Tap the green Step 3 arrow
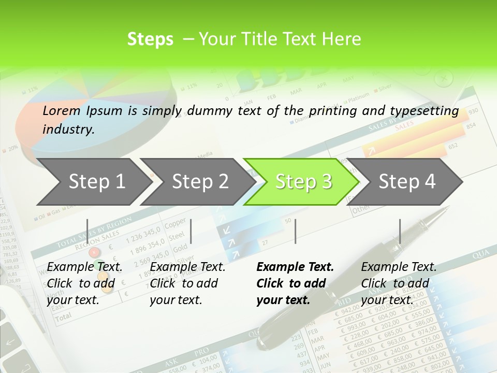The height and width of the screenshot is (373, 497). pyautogui.click(x=302, y=181)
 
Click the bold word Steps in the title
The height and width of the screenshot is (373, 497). pyautogui.click(x=150, y=39)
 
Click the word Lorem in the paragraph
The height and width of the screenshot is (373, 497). pyautogui.click(x=62, y=110)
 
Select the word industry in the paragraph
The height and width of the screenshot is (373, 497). pyautogui.click(x=68, y=129)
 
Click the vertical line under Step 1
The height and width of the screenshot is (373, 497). pyautogui.click(x=87, y=231)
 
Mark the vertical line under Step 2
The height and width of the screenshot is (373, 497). pyautogui.click(x=192, y=231)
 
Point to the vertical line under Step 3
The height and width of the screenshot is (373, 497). pyautogui.click(x=295, y=231)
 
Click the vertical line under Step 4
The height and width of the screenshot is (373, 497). pyautogui.click(x=400, y=231)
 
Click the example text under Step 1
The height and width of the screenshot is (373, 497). pyautogui.click(x=84, y=283)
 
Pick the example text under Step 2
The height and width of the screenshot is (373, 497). pyautogui.click(x=187, y=283)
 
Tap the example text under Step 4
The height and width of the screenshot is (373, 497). pyautogui.click(x=399, y=283)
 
